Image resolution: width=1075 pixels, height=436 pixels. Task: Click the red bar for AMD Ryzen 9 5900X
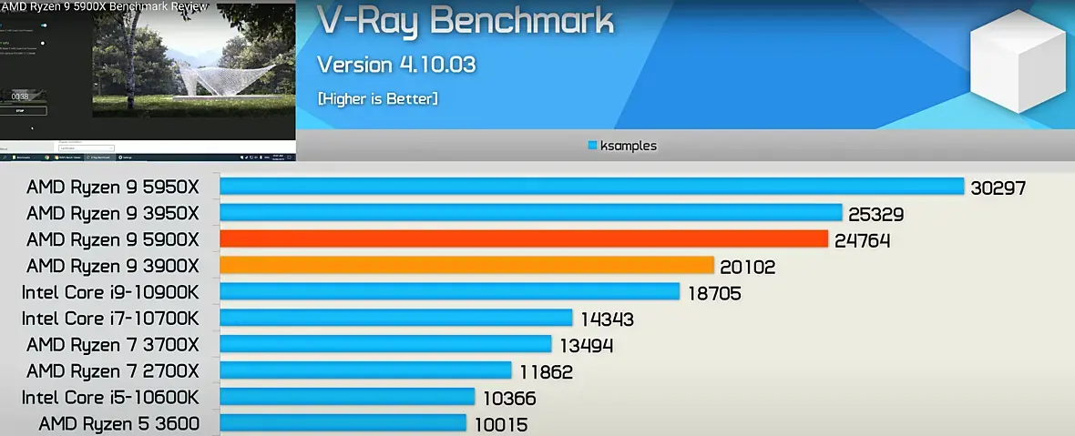pyautogui.click(x=524, y=239)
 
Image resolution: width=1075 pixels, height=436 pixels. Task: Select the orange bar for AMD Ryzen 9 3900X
pyautogui.click(x=466, y=266)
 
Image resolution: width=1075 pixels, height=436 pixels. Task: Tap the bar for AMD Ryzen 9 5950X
pyautogui.click(x=592, y=187)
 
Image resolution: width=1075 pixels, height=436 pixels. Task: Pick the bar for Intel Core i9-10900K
pyautogui.click(x=450, y=292)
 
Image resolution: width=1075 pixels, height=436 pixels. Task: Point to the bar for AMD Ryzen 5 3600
pyautogui.click(x=343, y=424)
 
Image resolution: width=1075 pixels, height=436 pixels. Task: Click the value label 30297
pyautogui.click(x=998, y=188)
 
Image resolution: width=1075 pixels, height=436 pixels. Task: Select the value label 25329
pyautogui.click(x=876, y=215)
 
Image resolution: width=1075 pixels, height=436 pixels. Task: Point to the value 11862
pyautogui.click(x=545, y=371)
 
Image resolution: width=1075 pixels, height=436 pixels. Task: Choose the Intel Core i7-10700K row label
pyautogui.click(x=109, y=319)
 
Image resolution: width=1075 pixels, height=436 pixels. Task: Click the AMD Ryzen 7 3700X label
pyautogui.click(x=112, y=345)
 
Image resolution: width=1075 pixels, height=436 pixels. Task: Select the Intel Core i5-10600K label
pyautogui.click(x=109, y=397)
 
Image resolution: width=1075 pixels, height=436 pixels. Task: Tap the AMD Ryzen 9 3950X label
pyautogui.click(x=112, y=213)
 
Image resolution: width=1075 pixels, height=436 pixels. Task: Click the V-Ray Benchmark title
pyautogui.click(x=465, y=24)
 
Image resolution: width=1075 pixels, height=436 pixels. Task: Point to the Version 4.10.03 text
pyautogui.click(x=396, y=65)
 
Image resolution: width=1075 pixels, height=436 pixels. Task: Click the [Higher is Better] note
pyautogui.click(x=377, y=97)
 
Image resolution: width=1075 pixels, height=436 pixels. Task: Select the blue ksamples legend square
pyautogui.click(x=592, y=145)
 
